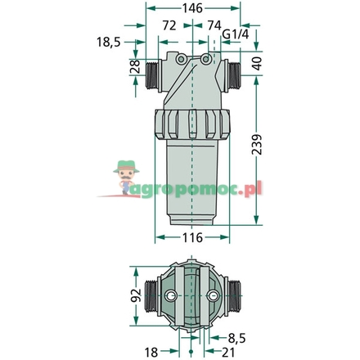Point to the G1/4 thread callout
(236, 36)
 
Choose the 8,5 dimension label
(236, 335)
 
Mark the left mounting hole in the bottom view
(171, 295)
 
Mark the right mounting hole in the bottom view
(212, 295)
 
